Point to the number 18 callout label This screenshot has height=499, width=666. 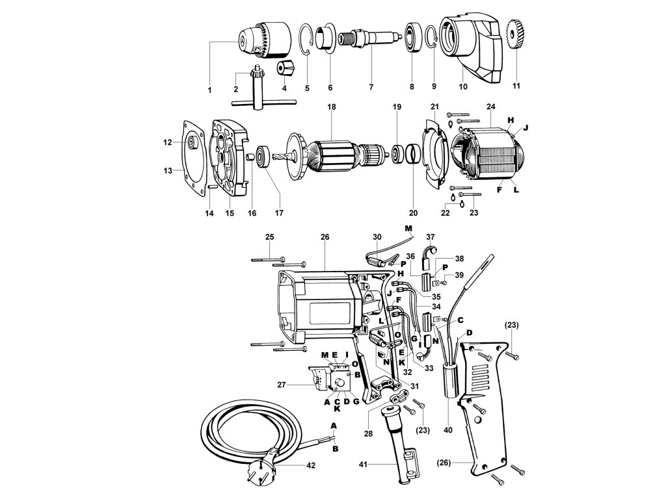pyautogui.click(x=330, y=107)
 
